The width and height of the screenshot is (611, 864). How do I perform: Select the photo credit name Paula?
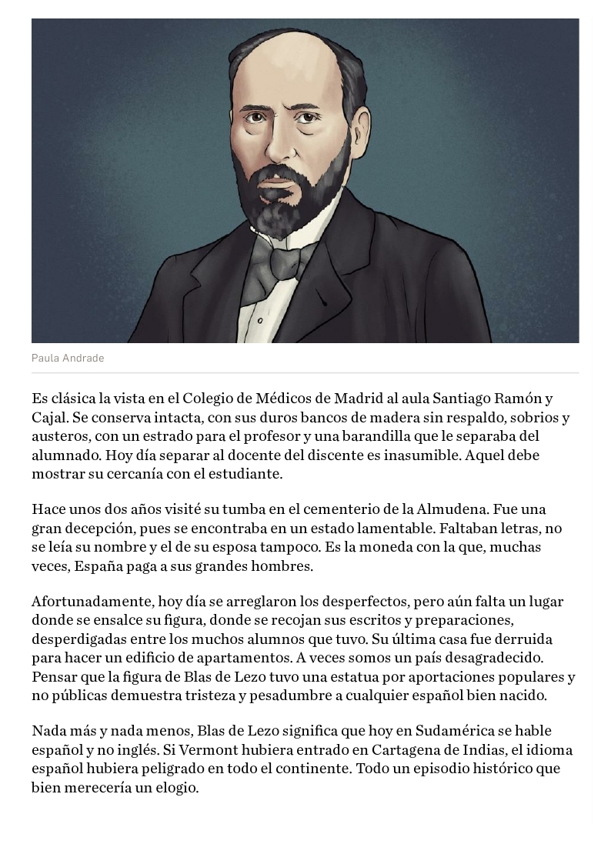pos(45,359)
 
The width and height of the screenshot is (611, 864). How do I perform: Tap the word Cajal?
pos(49,418)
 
